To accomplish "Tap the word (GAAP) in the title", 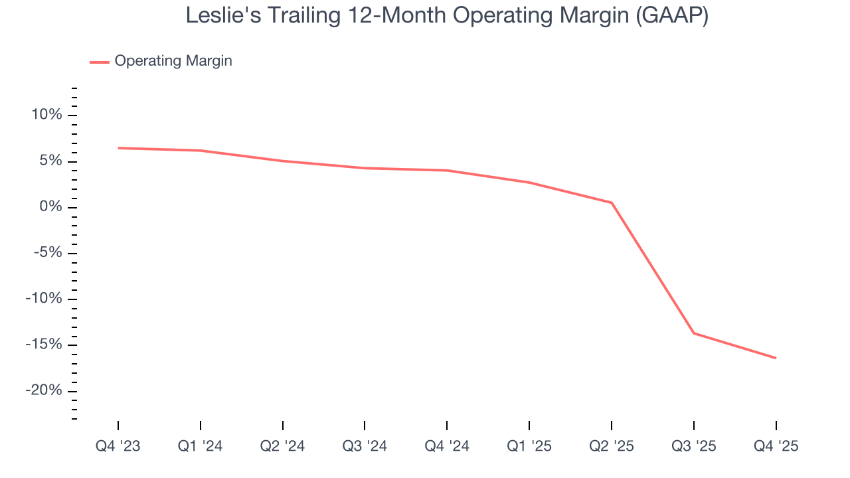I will (671, 15).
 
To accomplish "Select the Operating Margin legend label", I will (173, 61).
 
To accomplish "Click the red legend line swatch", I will (100, 62).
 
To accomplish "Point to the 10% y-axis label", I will (46, 115).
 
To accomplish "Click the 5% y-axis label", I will (50, 161).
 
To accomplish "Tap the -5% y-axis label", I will (47, 253).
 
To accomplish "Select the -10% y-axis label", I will (44, 299).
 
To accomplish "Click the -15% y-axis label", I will (44, 345).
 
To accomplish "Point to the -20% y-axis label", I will (44, 390).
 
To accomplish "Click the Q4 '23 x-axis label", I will (118, 446).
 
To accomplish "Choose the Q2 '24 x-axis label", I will (282, 446).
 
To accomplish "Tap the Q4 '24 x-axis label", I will (447, 446).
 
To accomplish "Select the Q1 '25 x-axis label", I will (529, 446).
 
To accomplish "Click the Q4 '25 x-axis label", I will (776, 446).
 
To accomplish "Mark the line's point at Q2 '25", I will (612, 202).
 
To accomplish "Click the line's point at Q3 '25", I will (694, 333).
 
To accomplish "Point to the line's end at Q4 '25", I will (776, 358).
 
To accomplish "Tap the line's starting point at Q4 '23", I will (118, 148).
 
